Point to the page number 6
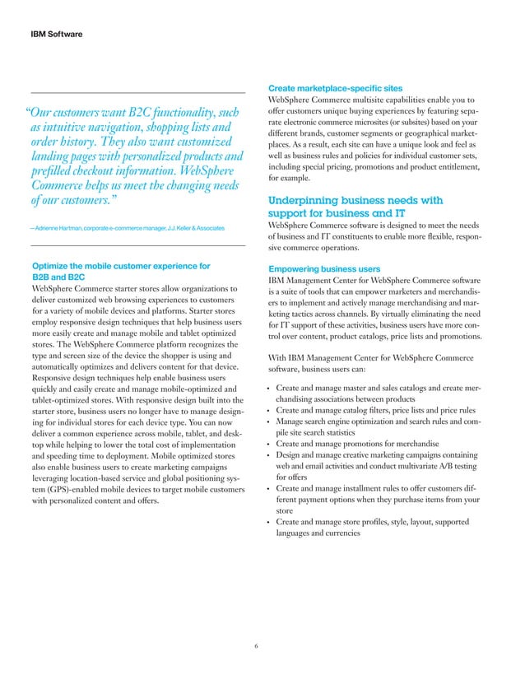257,645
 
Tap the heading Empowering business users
324,268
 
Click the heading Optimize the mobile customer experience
120,266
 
